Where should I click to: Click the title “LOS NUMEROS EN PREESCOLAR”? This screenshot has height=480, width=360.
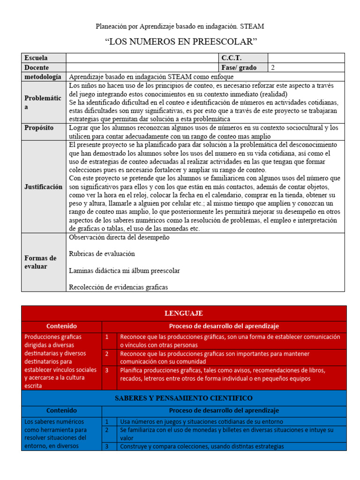click(182, 42)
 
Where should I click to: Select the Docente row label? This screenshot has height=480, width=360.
click(36, 67)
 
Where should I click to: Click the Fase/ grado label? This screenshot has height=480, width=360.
click(239, 67)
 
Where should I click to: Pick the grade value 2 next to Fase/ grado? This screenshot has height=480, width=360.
click(273, 67)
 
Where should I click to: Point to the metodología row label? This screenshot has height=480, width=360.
click(43, 76)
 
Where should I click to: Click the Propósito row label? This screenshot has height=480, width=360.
click(39, 128)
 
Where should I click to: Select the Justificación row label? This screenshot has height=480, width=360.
click(43, 187)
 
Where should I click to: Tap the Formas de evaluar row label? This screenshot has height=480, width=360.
click(40, 262)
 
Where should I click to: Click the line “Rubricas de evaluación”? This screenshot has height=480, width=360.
click(102, 254)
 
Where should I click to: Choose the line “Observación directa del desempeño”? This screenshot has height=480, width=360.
click(119, 237)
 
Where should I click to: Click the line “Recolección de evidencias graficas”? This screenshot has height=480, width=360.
click(118, 287)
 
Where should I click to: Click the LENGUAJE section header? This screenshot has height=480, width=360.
click(184, 313)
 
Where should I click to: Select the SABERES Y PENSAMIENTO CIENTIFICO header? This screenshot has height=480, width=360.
click(184, 398)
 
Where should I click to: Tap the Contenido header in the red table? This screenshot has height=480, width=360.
click(61, 326)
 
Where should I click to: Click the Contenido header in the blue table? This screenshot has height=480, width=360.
click(61, 410)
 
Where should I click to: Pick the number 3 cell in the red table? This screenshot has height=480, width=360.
click(107, 370)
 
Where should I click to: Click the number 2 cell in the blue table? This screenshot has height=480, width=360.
click(107, 430)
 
